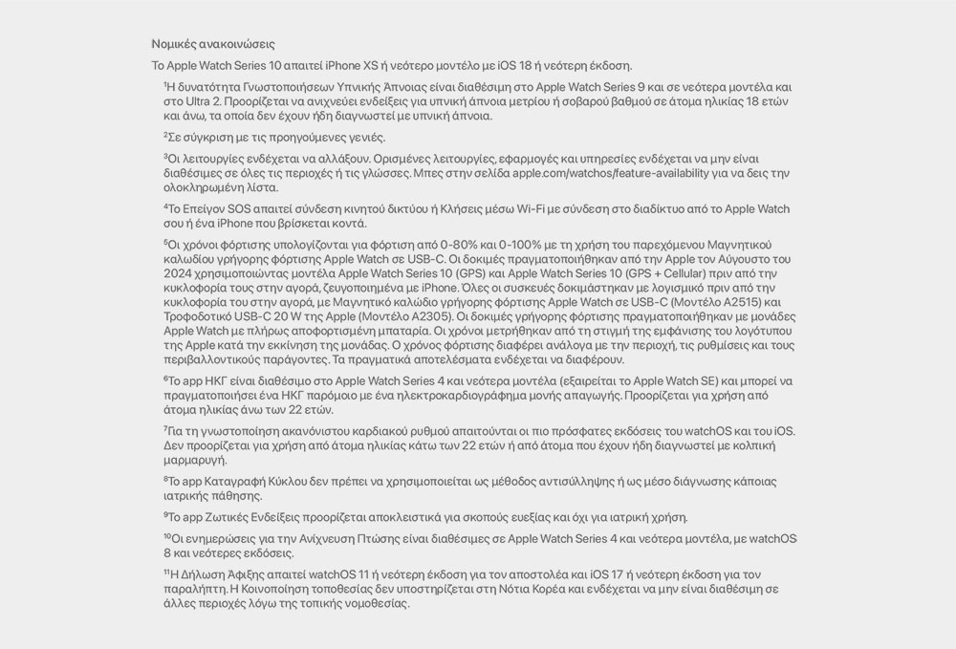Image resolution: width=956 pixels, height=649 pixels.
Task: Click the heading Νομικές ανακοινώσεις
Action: (x=213, y=44)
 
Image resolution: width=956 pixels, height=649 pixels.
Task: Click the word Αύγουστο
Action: (x=731, y=258)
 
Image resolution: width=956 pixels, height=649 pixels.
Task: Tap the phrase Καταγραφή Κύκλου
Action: (x=250, y=481)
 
